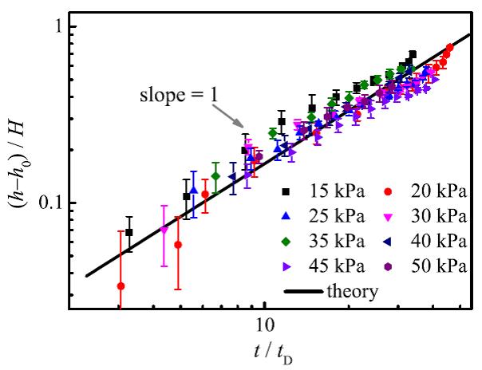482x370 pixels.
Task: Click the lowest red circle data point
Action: pyautogui.click(x=121, y=285)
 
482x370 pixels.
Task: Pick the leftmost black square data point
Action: pyautogui.click(x=129, y=232)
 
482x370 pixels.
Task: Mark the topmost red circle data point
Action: pyautogui.click(x=450, y=47)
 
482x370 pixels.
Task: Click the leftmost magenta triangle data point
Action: pyautogui.click(x=164, y=230)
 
